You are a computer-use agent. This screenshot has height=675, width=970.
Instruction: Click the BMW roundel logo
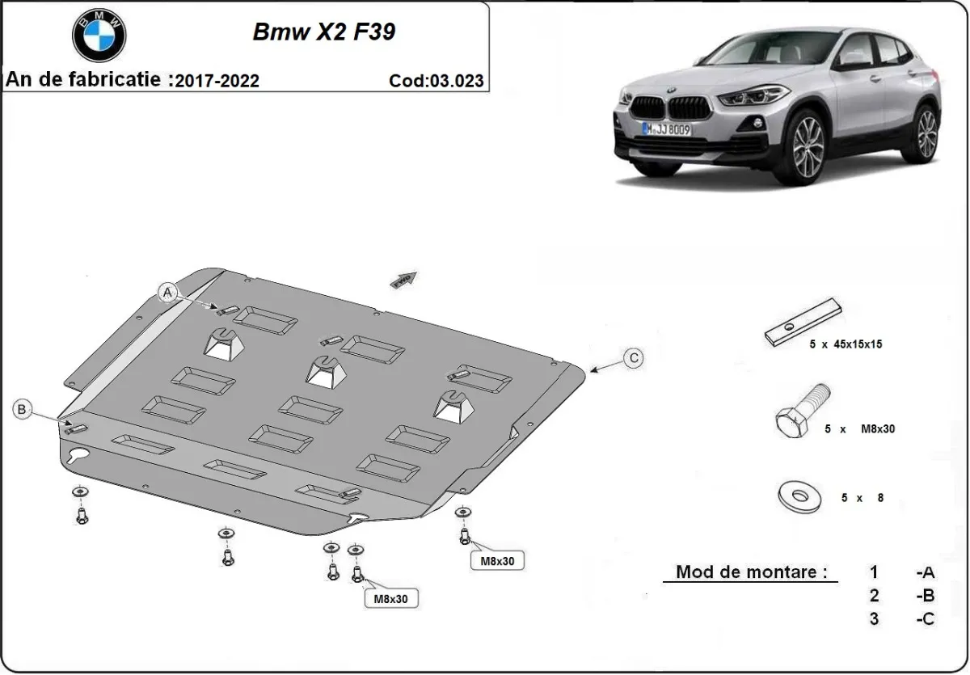(x=99, y=36)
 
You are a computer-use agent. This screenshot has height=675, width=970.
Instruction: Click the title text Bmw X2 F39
(x=324, y=32)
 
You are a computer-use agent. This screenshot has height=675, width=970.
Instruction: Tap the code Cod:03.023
(x=436, y=80)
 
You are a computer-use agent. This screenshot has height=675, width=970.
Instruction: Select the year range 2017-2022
(x=217, y=80)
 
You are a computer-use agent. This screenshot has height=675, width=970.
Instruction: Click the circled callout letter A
(x=168, y=293)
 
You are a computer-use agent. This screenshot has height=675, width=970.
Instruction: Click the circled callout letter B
(x=22, y=410)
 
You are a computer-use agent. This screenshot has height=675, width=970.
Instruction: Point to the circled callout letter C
(x=634, y=357)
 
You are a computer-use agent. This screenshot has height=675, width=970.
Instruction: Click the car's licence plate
(x=667, y=128)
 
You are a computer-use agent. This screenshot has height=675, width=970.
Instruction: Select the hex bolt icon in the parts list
(x=800, y=412)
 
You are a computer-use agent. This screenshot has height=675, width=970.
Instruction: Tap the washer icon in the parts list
(x=799, y=495)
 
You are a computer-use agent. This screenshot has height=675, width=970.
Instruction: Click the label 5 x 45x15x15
(x=846, y=344)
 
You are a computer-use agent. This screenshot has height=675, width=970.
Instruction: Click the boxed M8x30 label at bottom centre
(x=390, y=598)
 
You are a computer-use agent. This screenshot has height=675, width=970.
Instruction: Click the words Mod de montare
(x=751, y=572)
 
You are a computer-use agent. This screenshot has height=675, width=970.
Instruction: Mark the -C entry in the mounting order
(x=926, y=619)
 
